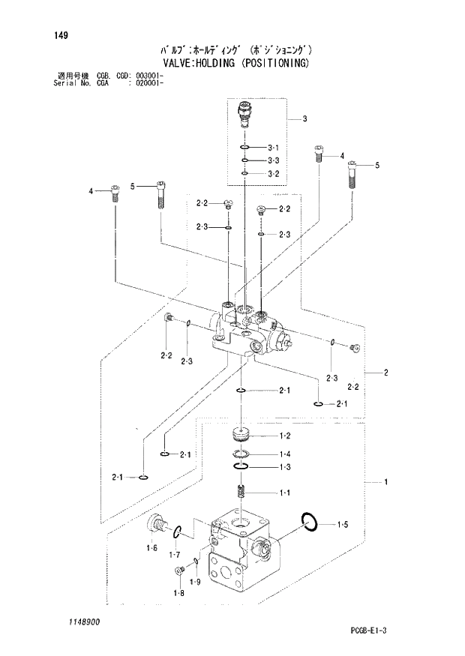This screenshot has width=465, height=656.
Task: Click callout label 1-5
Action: (342, 525)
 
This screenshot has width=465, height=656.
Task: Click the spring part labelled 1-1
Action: (241, 493)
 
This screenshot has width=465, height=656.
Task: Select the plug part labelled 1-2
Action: (241, 433)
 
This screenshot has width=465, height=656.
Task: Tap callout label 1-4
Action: (285, 454)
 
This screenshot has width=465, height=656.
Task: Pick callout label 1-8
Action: (177, 594)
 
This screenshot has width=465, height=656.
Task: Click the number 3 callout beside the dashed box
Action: (305, 118)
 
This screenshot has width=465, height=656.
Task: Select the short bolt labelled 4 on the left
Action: (115, 193)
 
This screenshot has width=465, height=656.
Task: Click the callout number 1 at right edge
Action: (385, 482)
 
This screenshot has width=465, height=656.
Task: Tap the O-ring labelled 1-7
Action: (177, 533)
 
